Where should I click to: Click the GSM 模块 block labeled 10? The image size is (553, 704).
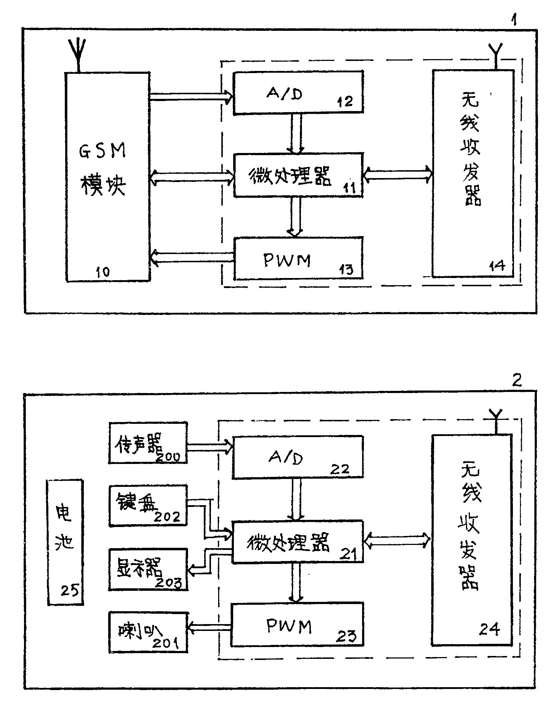pyautogui.click(x=107, y=176)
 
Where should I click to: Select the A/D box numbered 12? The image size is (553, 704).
pyautogui.click(x=298, y=93)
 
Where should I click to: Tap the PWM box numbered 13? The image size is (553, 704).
pyautogui.click(x=298, y=258)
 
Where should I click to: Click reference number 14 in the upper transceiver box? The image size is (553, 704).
pyautogui.click(x=497, y=266)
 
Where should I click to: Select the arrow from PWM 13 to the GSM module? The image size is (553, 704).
pyautogui.click(x=192, y=257)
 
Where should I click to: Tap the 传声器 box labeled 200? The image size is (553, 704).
pyautogui.click(x=148, y=442)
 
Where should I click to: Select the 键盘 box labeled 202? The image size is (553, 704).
pyautogui.click(x=148, y=506)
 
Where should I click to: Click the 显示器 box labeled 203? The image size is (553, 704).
pyautogui.click(x=148, y=569)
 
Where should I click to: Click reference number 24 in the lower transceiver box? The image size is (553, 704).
pyautogui.click(x=489, y=628)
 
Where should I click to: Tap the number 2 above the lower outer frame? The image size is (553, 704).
pyautogui.click(x=516, y=380)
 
